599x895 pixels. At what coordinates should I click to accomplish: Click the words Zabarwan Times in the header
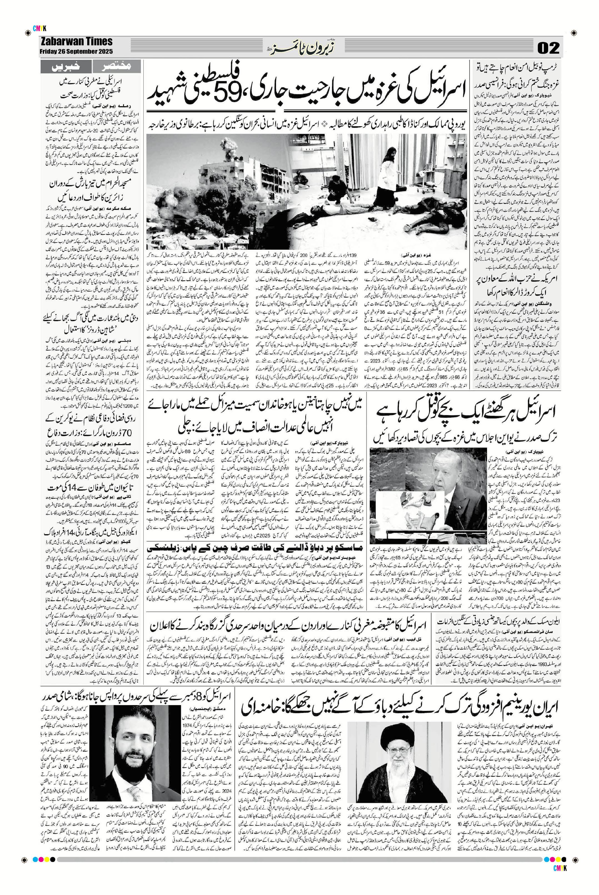(x=76, y=42)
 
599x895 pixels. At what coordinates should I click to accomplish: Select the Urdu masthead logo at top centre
(x=292, y=48)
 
